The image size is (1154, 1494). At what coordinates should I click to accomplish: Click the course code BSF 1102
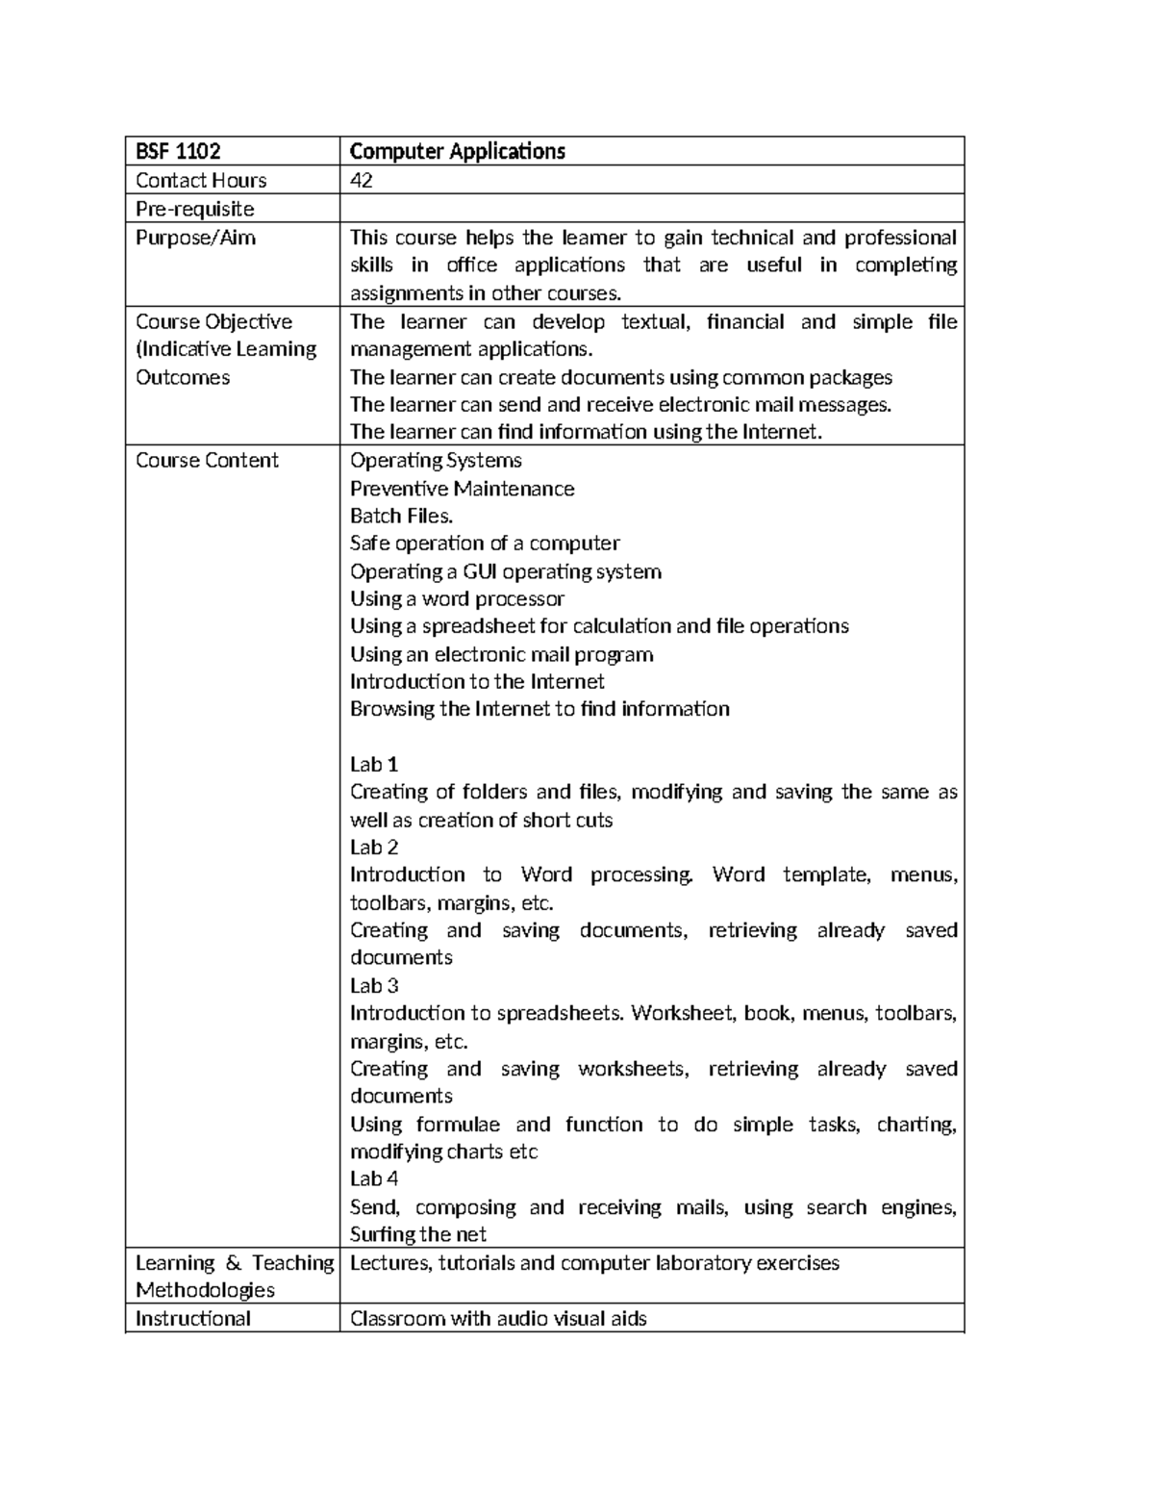coord(178,151)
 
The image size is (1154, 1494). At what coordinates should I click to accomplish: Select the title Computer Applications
coord(457,151)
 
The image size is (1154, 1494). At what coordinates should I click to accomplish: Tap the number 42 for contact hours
coord(362,180)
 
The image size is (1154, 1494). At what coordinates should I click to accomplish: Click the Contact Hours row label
coord(201,180)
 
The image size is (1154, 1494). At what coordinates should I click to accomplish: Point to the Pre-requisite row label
coord(195,209)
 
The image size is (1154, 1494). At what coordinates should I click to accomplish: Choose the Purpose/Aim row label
coord(195,238)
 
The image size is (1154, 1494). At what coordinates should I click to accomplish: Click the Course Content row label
coord(207,460)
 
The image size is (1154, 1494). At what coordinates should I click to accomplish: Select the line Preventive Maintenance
coord(462,489)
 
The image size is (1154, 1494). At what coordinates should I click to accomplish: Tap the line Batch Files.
coord(401,516)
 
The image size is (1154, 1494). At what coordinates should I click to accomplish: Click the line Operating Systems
coord(436,460)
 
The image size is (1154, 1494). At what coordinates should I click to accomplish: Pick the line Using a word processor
coord(457,598)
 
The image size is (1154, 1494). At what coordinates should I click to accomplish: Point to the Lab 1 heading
coord(374,765)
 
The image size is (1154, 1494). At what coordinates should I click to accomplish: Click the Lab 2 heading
coord(374,848)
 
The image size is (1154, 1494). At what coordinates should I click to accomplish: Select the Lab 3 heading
coord(374,986)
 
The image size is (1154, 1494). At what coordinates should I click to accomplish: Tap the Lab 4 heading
coord(374,1178)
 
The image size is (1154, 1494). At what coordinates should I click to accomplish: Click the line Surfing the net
coord(418,1234)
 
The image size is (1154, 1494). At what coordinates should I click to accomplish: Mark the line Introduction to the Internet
coord(477,681)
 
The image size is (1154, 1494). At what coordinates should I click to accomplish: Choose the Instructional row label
coord(193,1318)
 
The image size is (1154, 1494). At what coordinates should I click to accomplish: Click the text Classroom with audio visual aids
coord(498,1318)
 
